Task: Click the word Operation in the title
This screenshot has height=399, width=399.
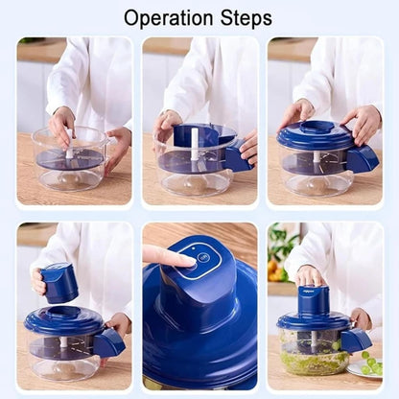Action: (169, 18)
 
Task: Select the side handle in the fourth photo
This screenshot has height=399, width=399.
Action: (108, 340)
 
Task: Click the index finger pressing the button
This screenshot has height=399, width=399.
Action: (164, 255)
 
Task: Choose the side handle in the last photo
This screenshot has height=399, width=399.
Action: (355, 339)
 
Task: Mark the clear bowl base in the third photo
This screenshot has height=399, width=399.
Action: (317, 180)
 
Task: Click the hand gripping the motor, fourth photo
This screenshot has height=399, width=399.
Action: (39, 281)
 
